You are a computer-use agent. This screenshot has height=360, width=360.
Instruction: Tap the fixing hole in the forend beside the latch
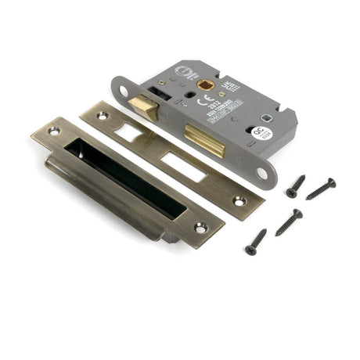tap(124, 91)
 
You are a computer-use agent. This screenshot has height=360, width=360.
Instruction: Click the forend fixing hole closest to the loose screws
tap(261, 172)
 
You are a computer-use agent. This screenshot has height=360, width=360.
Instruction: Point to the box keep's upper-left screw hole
tap(54, 131)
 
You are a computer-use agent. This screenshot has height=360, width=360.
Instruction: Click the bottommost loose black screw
tap(255, 242)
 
